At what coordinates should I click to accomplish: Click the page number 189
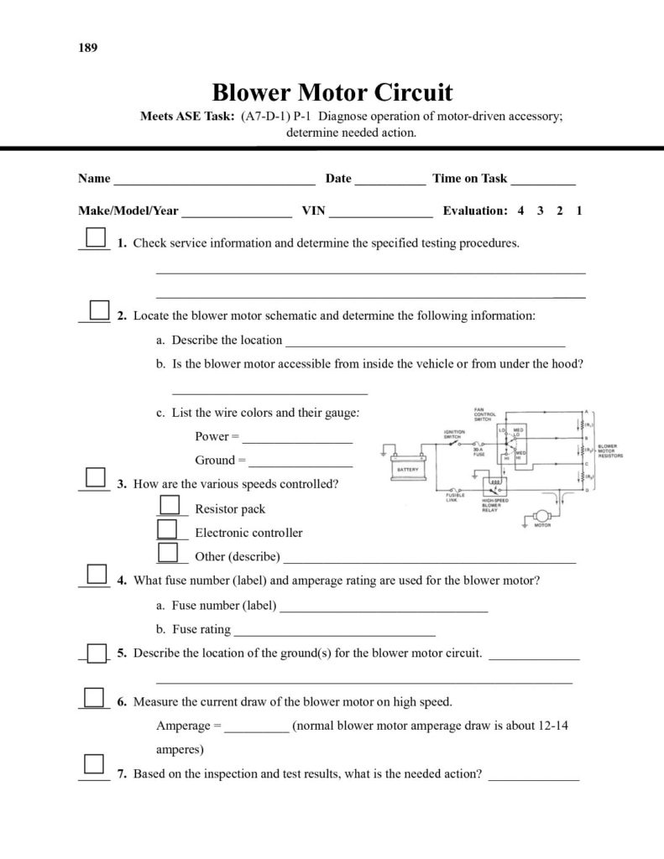88,48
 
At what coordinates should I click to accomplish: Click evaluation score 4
520,211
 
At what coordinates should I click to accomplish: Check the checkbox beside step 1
97,236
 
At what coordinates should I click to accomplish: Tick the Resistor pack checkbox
170,504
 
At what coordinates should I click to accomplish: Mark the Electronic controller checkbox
169,528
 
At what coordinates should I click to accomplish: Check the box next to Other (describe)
169,552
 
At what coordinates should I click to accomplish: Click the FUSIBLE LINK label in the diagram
455,497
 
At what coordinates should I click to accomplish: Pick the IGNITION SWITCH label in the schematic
454,434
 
